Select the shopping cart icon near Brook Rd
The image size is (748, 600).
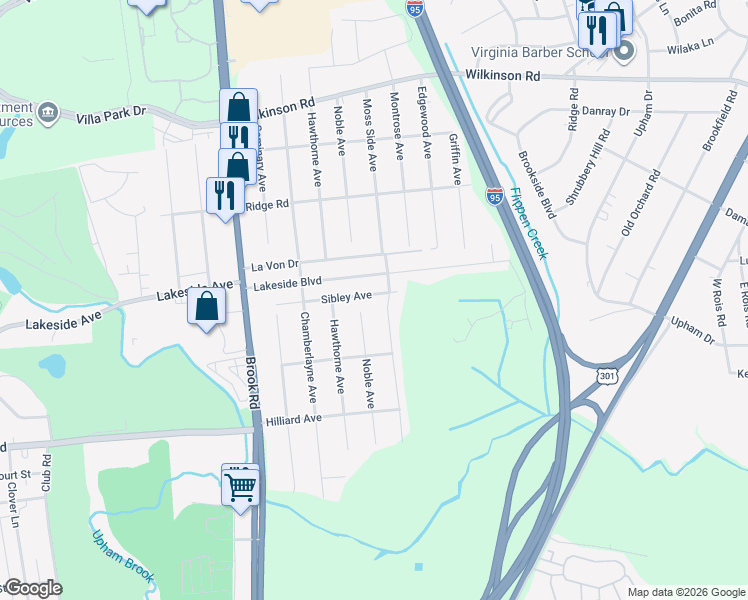click(240, 487)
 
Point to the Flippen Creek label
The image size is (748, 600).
click(528, 223)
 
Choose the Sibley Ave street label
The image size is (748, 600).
click(346, 297)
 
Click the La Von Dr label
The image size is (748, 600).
click(274, 265)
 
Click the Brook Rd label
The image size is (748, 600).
click(253, 378)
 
